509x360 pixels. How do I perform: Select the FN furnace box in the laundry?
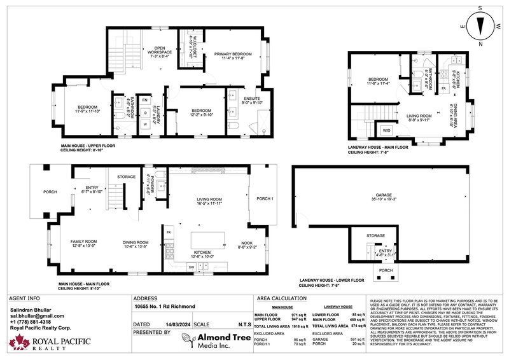pyautogui.click(x=144, y=100)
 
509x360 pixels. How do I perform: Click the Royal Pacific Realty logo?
pyautogui.click(x=48, y=344)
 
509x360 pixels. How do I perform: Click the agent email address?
pyautogui.click(x=38, y=315)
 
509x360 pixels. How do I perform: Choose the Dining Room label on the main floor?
pyautogui.click(x=136, y=244)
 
